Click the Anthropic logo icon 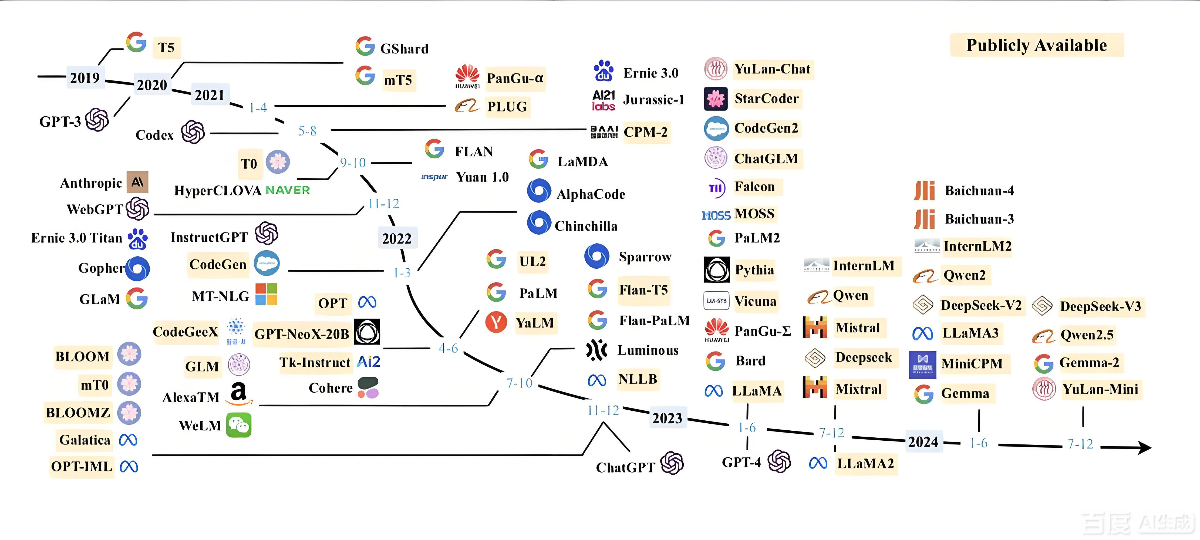click(137, 182)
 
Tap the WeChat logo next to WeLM click(238, 425)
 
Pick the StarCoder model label click(766, 99)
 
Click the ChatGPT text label click(625, 467)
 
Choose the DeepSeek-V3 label click(1100, 306)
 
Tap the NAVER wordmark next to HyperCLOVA click(287, 190)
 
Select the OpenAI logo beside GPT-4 click(779, 462)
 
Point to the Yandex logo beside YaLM click(496, 322)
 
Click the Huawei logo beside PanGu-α click(467, 77)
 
